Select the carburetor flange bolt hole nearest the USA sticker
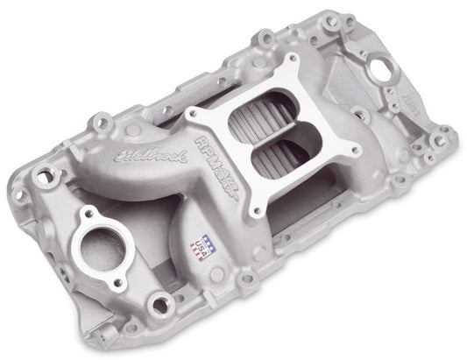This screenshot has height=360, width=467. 256,211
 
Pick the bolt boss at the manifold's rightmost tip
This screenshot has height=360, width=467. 445,134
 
